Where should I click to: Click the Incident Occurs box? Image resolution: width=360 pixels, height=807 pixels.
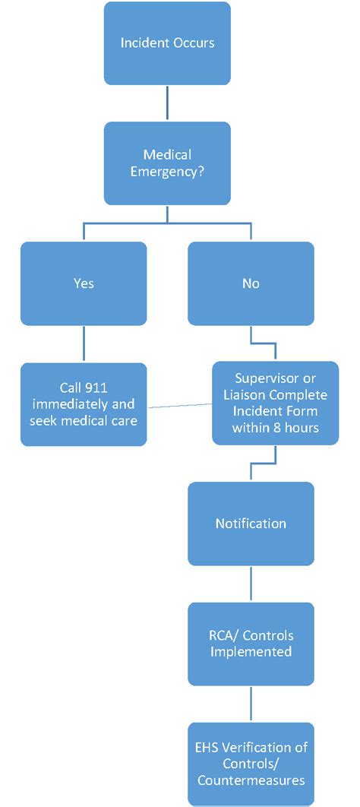pyautogui.click(x=167, y=43)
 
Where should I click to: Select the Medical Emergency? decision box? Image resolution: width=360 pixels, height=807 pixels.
pyautogui.click(x=167, y=163)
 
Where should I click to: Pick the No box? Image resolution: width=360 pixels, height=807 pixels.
pyautogui.click(x=251, y=283)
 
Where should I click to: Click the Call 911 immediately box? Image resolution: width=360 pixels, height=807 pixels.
pyautogui.click(x=84, y=403)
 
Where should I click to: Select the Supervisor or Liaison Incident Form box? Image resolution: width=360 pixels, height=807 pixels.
pyautogui.click(x=275, y=403)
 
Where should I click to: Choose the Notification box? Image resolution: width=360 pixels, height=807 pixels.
pyautogui.click(x=251, y=524)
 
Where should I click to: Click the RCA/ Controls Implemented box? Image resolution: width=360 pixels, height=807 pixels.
pyautogui.click(x=251, y=644)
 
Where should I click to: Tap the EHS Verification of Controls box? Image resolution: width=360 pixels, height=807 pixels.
pyautogui.click(x=251, y=764)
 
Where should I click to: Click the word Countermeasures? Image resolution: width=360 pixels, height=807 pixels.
pyautogui.click(x=251, y=780)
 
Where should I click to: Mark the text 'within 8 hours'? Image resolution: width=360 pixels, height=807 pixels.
pyautogui.click(x=275, y=427)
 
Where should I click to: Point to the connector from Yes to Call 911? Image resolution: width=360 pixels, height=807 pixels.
pyautogui.click(x=84, y=343)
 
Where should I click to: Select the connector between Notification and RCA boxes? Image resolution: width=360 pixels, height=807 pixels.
pyautogui.click(x=251, y=584)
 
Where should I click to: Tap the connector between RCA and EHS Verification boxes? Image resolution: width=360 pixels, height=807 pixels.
pyautogui.click(x=251, y=704)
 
